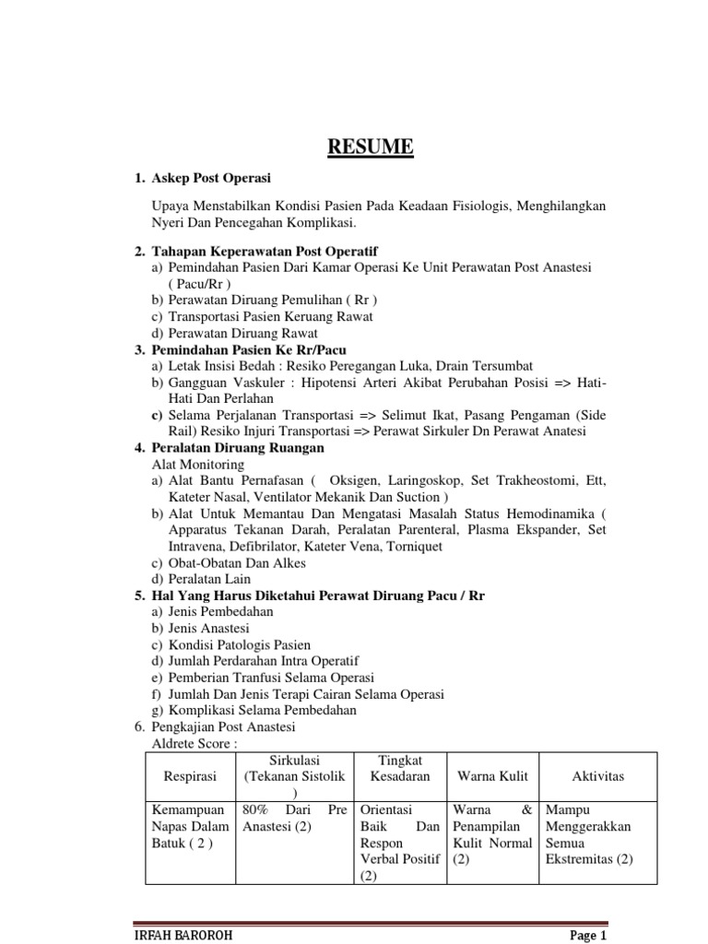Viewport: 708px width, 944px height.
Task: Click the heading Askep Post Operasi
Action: pos(212,177)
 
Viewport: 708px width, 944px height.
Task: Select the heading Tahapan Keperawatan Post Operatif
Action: pos(265,251)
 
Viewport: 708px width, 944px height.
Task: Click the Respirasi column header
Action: pos(189,776)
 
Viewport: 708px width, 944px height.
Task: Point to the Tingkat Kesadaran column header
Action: pos(400,768)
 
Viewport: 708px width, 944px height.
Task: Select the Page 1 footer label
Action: pos(586,935)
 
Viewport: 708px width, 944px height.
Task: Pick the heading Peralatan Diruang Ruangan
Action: pos(235,448)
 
